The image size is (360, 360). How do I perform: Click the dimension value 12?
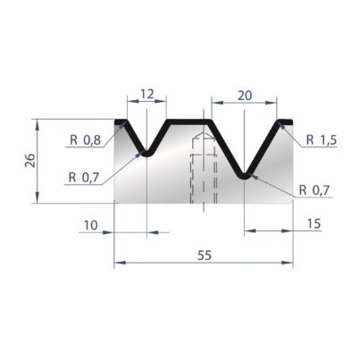point(147,94)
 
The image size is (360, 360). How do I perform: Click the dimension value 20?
point(245,96)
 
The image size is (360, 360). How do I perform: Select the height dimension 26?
point(30,161)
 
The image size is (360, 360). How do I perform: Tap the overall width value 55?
point(205,255)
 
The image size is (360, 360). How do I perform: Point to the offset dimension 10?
point(90,225)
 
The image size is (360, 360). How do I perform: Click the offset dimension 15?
point(314,223)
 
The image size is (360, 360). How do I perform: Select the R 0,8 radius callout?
point(86,139)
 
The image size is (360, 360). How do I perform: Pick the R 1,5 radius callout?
point(322,139)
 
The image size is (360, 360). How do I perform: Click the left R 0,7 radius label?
point(83,178)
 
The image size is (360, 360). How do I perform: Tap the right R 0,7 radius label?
point(314,190)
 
